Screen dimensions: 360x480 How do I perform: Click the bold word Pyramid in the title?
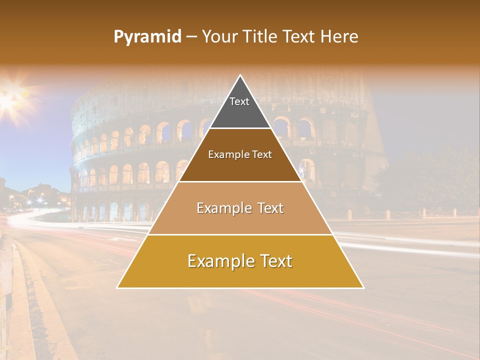(147, 37)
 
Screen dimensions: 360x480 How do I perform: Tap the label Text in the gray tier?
(239, 101)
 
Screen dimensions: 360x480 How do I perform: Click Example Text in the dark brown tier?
(240, 154)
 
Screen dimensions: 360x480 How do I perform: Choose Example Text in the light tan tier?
(240, 208)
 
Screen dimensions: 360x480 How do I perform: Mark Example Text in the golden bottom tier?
(240, 261)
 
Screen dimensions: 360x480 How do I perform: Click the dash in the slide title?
(191, 37)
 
